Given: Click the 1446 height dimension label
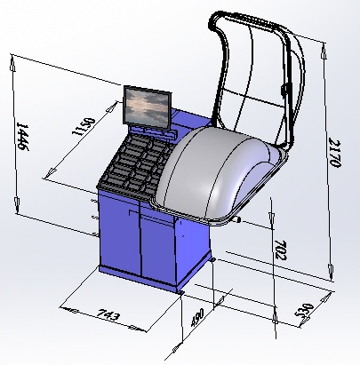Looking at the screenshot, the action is (22, 137).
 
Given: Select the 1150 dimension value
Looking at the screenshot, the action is (84, 127).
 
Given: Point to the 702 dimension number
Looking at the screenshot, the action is (281, 250).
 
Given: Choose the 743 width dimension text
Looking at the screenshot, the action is (108, 314).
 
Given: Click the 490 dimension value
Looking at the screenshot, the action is (197, 317).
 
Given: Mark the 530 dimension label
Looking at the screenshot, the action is (305, 310).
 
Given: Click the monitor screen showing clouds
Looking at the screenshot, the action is (147, 107).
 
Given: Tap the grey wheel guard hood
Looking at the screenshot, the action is (219, 175).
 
